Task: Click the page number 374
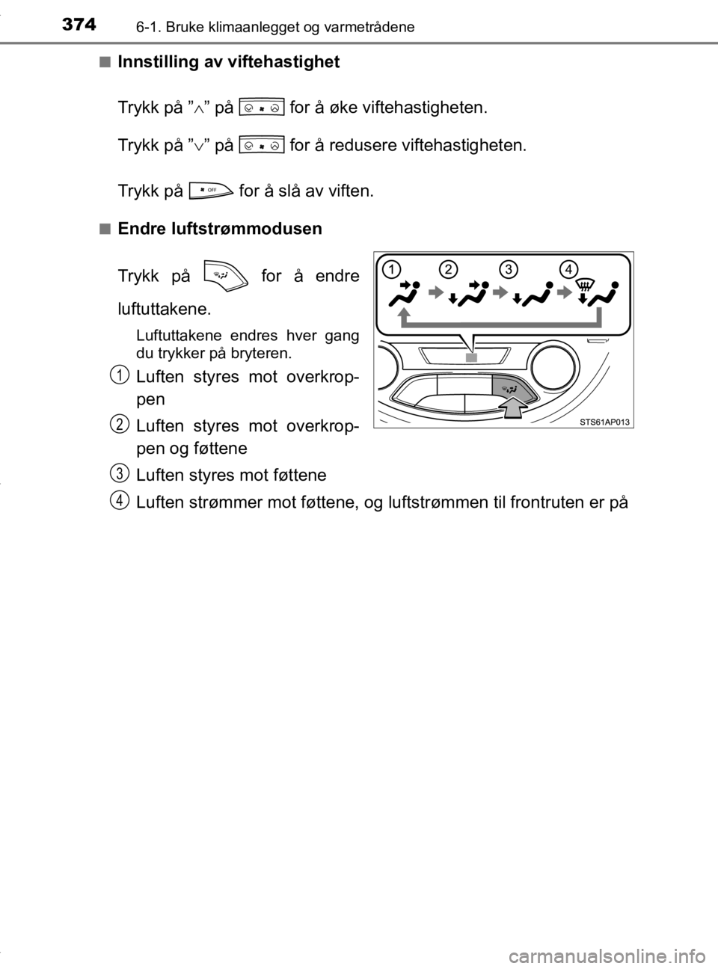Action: pyautogui.click(x=79, y=25)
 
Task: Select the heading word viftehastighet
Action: pyautogui.click(x=284, y=63)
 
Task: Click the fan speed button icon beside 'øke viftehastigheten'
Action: pyautogui.click(x=263, y=108)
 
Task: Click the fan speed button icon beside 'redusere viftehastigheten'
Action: pyautogui.click(x=263, y=146)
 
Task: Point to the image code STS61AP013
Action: pyautogui.click(x=605, y=422)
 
